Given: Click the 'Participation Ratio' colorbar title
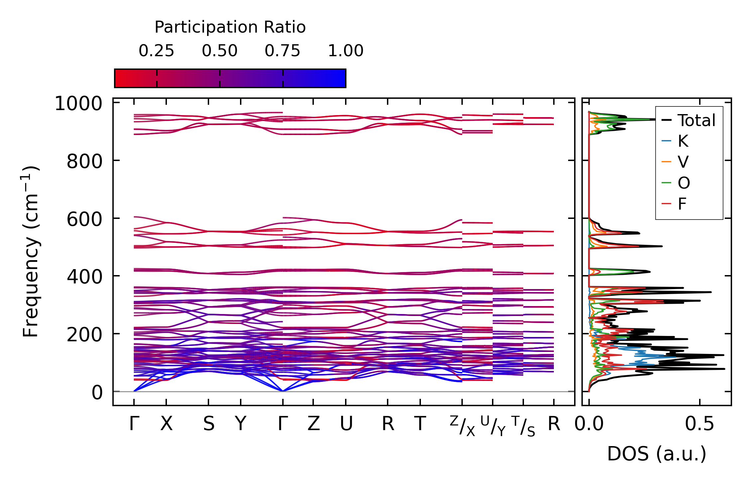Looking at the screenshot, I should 230,27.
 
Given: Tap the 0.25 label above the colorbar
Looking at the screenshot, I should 156,51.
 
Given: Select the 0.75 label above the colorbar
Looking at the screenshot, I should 283,51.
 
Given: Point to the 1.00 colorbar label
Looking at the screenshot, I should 346,51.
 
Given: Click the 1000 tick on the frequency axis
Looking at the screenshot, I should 78,104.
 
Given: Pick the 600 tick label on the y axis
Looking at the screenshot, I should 84,220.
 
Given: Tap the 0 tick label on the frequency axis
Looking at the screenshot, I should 97,393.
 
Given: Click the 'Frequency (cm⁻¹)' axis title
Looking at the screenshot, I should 31,251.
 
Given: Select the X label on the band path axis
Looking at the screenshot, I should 166,424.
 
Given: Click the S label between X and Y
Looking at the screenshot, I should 208,424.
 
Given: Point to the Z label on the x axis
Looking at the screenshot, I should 313,424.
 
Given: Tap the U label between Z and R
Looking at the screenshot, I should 346,424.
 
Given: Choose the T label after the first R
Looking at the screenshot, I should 420,424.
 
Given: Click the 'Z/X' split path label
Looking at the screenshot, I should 462,426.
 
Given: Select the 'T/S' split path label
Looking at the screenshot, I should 523,426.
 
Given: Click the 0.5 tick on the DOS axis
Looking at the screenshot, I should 699,424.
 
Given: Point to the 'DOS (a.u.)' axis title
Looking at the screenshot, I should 657,454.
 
